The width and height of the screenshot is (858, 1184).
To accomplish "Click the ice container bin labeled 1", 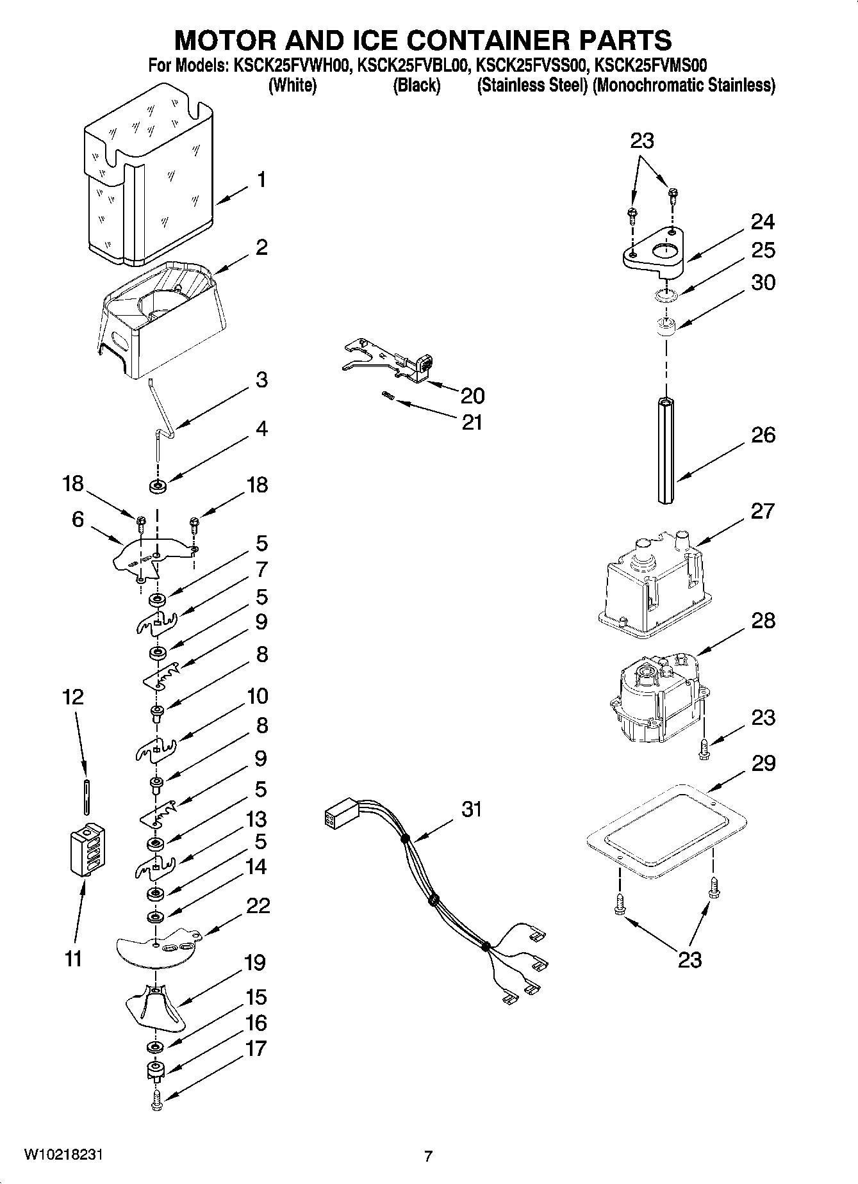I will [x=151, y=182].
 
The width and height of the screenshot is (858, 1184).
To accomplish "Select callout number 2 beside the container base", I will [x=261, y=247].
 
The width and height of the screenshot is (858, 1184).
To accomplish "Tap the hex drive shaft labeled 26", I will [x=666, y=451].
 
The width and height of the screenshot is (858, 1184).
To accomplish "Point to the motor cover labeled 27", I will [x=654, y=586].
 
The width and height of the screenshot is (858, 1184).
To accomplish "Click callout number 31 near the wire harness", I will [x=472, y=809].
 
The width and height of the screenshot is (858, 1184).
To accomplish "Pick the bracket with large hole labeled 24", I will [x=654, y=253].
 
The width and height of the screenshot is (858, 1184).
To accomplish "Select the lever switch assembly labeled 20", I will [x=391, y=363].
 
